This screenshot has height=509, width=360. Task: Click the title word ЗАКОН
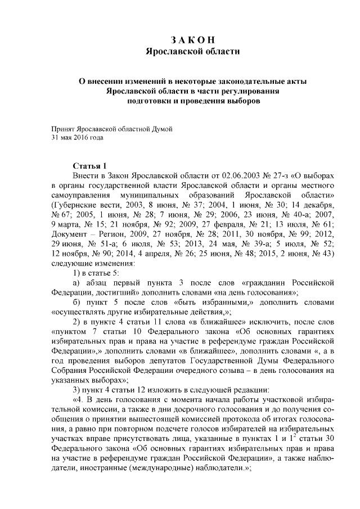tap(192, 40)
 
